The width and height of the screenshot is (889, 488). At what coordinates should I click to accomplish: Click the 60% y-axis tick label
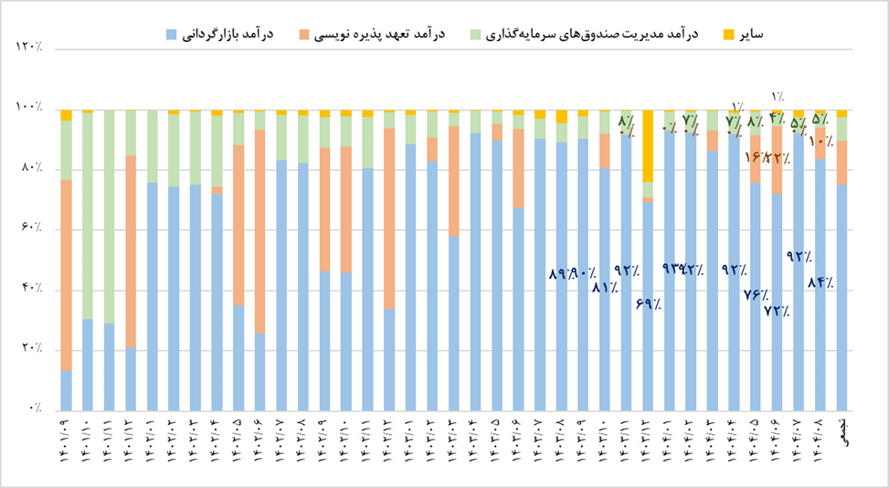click(x=32, y=229)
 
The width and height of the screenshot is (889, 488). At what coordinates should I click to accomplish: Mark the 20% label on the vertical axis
click(x=32, y=350)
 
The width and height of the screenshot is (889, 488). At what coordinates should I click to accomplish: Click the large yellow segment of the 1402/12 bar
click(x=648, y=146)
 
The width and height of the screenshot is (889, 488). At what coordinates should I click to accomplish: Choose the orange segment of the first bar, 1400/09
click(x=66, y=274)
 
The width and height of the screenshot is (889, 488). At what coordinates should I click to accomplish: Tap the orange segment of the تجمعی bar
click(x=841, y=163)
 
